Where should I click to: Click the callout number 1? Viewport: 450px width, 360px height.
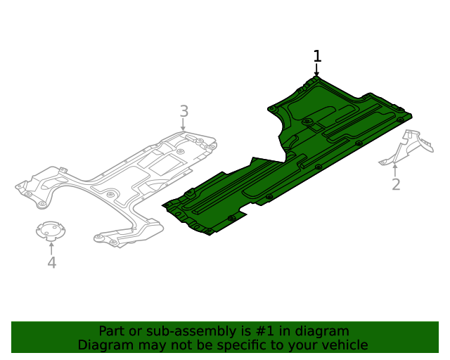pyautogui.click(x=317, y=56)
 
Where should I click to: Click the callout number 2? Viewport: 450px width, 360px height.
pyautogui.click(x=396, y=184)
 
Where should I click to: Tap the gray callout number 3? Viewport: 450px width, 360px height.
pyautogui.click(x=184, y=111)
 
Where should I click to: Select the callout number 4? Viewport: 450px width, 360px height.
pyautogui.click(x=51, y=263)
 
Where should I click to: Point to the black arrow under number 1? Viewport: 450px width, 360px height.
pyautogui.click(x=316, y=70)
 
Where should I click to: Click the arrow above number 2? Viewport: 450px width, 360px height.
pyautogui.click(x=395, y=169)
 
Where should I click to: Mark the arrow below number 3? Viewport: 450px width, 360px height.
pyautogui.click(x=184, y=125)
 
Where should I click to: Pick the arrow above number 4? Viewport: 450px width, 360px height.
pyautogui.click(x=51, y=247)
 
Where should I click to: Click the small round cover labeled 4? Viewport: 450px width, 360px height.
pyautogui.click(x=51, y=231)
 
